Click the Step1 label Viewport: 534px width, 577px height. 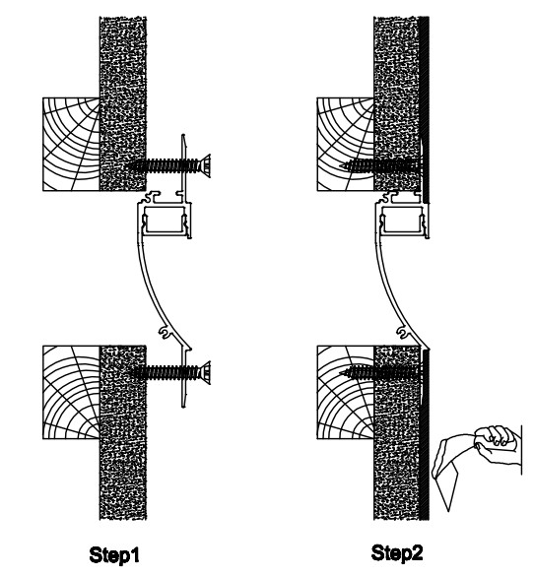pos(114,555)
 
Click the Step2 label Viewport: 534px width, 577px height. pos(397,553)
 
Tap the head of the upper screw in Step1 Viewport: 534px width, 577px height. pos(204,165)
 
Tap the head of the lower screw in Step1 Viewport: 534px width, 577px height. pos(204,373)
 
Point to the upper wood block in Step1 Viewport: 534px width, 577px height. pos(71,144)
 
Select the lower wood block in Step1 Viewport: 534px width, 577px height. pos(71,392)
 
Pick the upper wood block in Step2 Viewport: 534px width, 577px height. pos(346,144)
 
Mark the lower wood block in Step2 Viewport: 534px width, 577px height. pos(346,392)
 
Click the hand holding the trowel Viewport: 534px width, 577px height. pos(498,444)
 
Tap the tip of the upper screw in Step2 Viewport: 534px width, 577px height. pos(340,166)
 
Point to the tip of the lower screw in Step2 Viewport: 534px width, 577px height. pos(340,373)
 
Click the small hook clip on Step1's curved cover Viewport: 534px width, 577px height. pos(165,332)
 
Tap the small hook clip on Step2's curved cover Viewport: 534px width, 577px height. pos(403,332)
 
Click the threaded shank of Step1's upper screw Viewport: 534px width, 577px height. pos(163,166)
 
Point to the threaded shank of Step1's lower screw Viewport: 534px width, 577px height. pos(163,373)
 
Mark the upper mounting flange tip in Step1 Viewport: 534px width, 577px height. pos(184,136)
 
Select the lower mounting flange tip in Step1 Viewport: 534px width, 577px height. pos(184,406)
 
